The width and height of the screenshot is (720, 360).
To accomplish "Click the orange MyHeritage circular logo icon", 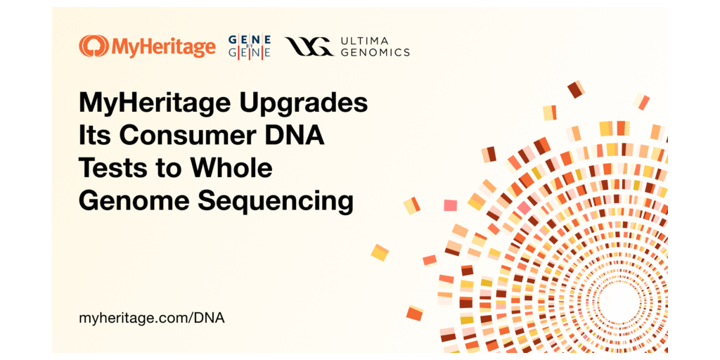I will [x=93, y=47].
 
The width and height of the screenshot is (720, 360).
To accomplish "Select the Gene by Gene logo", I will [x=250, y=47].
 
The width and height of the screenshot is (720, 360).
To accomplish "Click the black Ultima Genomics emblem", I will [x=309, y=47].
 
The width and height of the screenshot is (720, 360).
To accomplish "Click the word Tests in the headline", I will [x=111, y=168].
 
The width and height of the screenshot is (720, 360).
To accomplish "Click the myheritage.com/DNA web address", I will [x=152, y=318].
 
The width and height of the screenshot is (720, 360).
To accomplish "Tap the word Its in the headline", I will [x=94, y=136].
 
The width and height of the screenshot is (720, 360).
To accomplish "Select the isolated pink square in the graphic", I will [x=450, y=205].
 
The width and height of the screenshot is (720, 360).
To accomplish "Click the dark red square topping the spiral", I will [x=575, y=89].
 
